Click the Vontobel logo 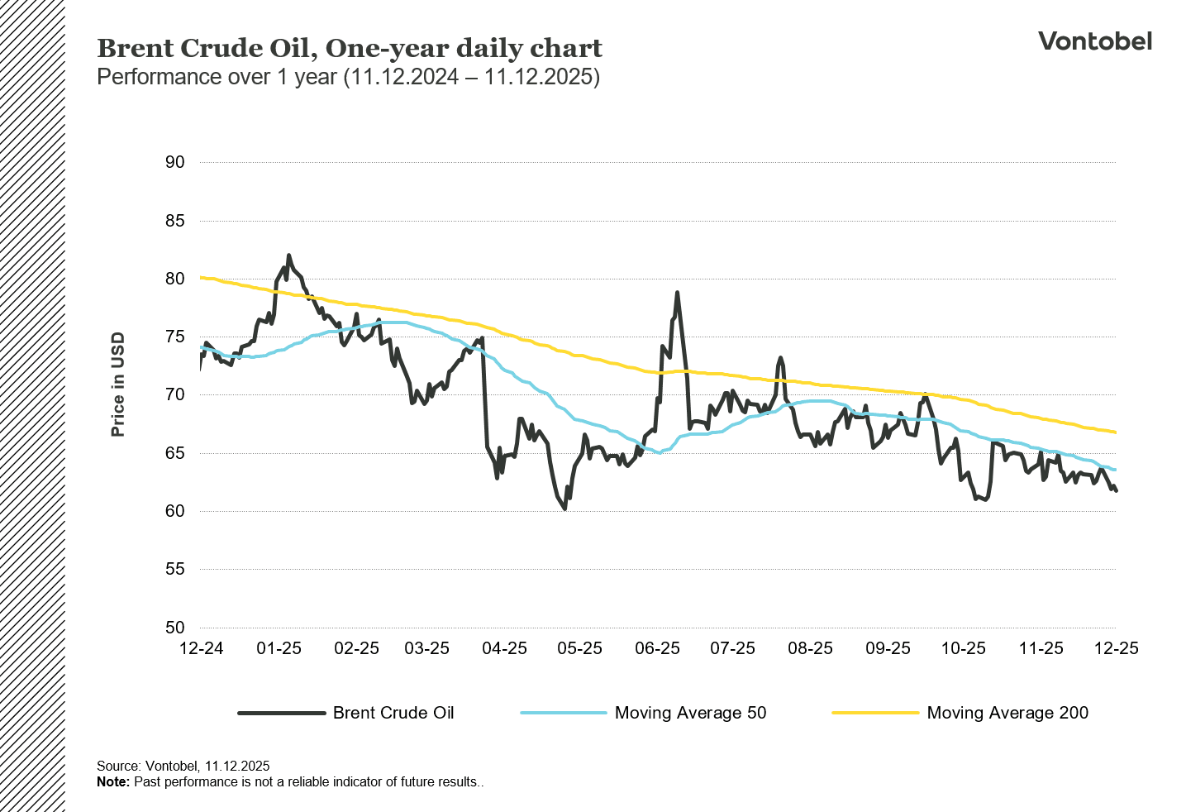coord(1094,41)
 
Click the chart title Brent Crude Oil coord(349,49)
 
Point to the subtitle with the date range coord(348,77)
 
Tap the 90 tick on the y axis coord(174,162)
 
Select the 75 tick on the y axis coord(174,337)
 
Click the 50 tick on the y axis coord(174,628)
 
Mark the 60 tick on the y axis coord(174,511)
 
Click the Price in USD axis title coord(118,385)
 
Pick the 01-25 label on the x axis coord(279,648)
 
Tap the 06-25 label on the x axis coord(657,648)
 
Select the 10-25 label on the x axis coord(963,648)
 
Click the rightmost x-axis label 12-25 coord(1116,648)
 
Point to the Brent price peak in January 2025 coord(288,256)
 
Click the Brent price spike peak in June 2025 coord(677,293)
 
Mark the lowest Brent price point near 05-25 coord(564,509)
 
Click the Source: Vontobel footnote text coord(183,766)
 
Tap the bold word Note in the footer coord(112,781)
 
